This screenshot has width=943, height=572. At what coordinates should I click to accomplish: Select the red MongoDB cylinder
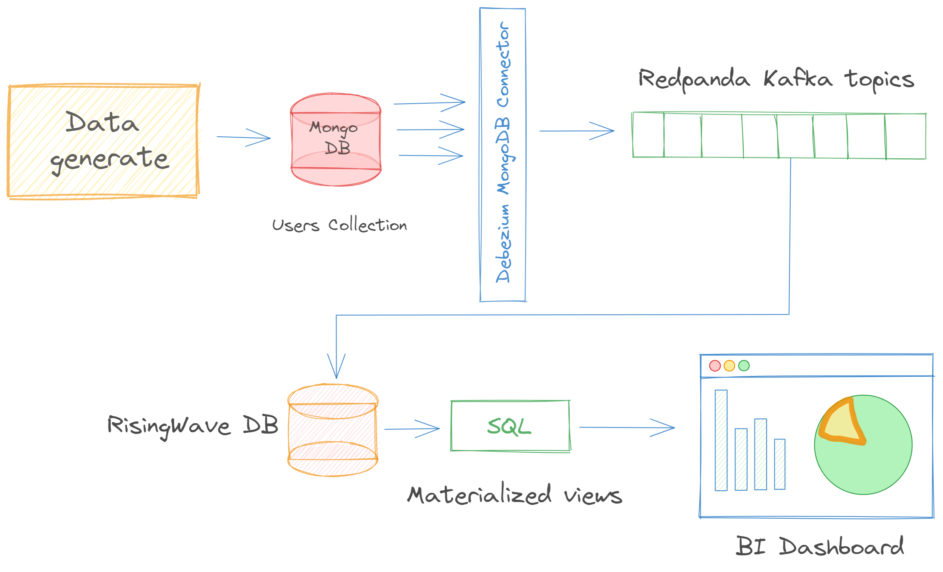pos(336,140)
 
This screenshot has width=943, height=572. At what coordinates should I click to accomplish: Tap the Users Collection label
pos(340,225)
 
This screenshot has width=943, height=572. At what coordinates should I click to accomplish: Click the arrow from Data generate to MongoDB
pos(244,138)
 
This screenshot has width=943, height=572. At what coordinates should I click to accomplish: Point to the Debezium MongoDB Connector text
pos(503,153)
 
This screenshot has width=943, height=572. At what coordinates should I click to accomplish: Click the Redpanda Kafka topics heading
pos(776,80)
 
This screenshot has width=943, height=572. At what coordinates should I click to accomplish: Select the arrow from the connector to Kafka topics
pos(577,131)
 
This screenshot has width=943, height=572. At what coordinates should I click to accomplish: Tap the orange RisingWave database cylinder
pos(333,430)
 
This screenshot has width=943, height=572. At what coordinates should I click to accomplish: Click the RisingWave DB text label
pos(192,426)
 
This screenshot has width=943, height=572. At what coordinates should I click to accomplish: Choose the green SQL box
pos(510,426)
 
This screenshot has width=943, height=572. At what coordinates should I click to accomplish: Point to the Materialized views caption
pos(515,495)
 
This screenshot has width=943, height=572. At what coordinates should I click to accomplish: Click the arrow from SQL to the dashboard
pos(627,427)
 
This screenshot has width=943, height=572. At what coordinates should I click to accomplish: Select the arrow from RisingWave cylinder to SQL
pos(412,429)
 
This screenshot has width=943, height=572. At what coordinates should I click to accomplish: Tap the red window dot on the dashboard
pos(715,366)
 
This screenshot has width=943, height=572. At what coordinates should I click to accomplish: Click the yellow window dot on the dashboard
pos(729,366)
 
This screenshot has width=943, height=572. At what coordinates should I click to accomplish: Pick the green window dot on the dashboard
pos(744,366)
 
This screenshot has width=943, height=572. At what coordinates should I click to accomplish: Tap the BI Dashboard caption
pos(819,546)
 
